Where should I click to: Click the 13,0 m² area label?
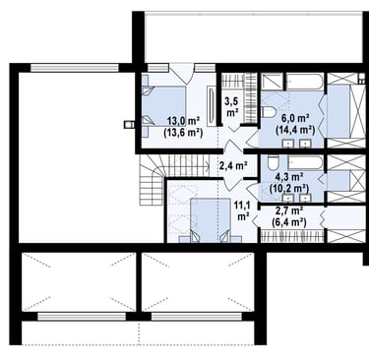tap(184, 121)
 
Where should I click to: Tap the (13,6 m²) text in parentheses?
tap(183, 132)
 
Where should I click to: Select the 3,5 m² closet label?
tap(231, 106)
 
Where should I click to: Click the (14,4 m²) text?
tap(295, 130)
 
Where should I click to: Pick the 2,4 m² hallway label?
tap(233, 165)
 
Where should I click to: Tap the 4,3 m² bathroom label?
tap(289, 177)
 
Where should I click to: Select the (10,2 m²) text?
tap(289, 189)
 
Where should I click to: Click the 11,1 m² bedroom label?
tap(242, 210)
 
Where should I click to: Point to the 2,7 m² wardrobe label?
tap(289, 211)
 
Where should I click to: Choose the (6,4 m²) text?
tap(289, 222)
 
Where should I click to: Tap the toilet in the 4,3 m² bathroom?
tap(273, 162)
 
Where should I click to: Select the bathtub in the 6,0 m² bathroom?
tap(305, 82)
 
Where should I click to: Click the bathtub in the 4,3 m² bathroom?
tap(306, 163)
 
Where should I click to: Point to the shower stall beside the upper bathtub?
tap(272, 82)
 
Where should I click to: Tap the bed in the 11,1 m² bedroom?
tap(211, 220)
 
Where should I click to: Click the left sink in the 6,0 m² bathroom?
tap(288, 143)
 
